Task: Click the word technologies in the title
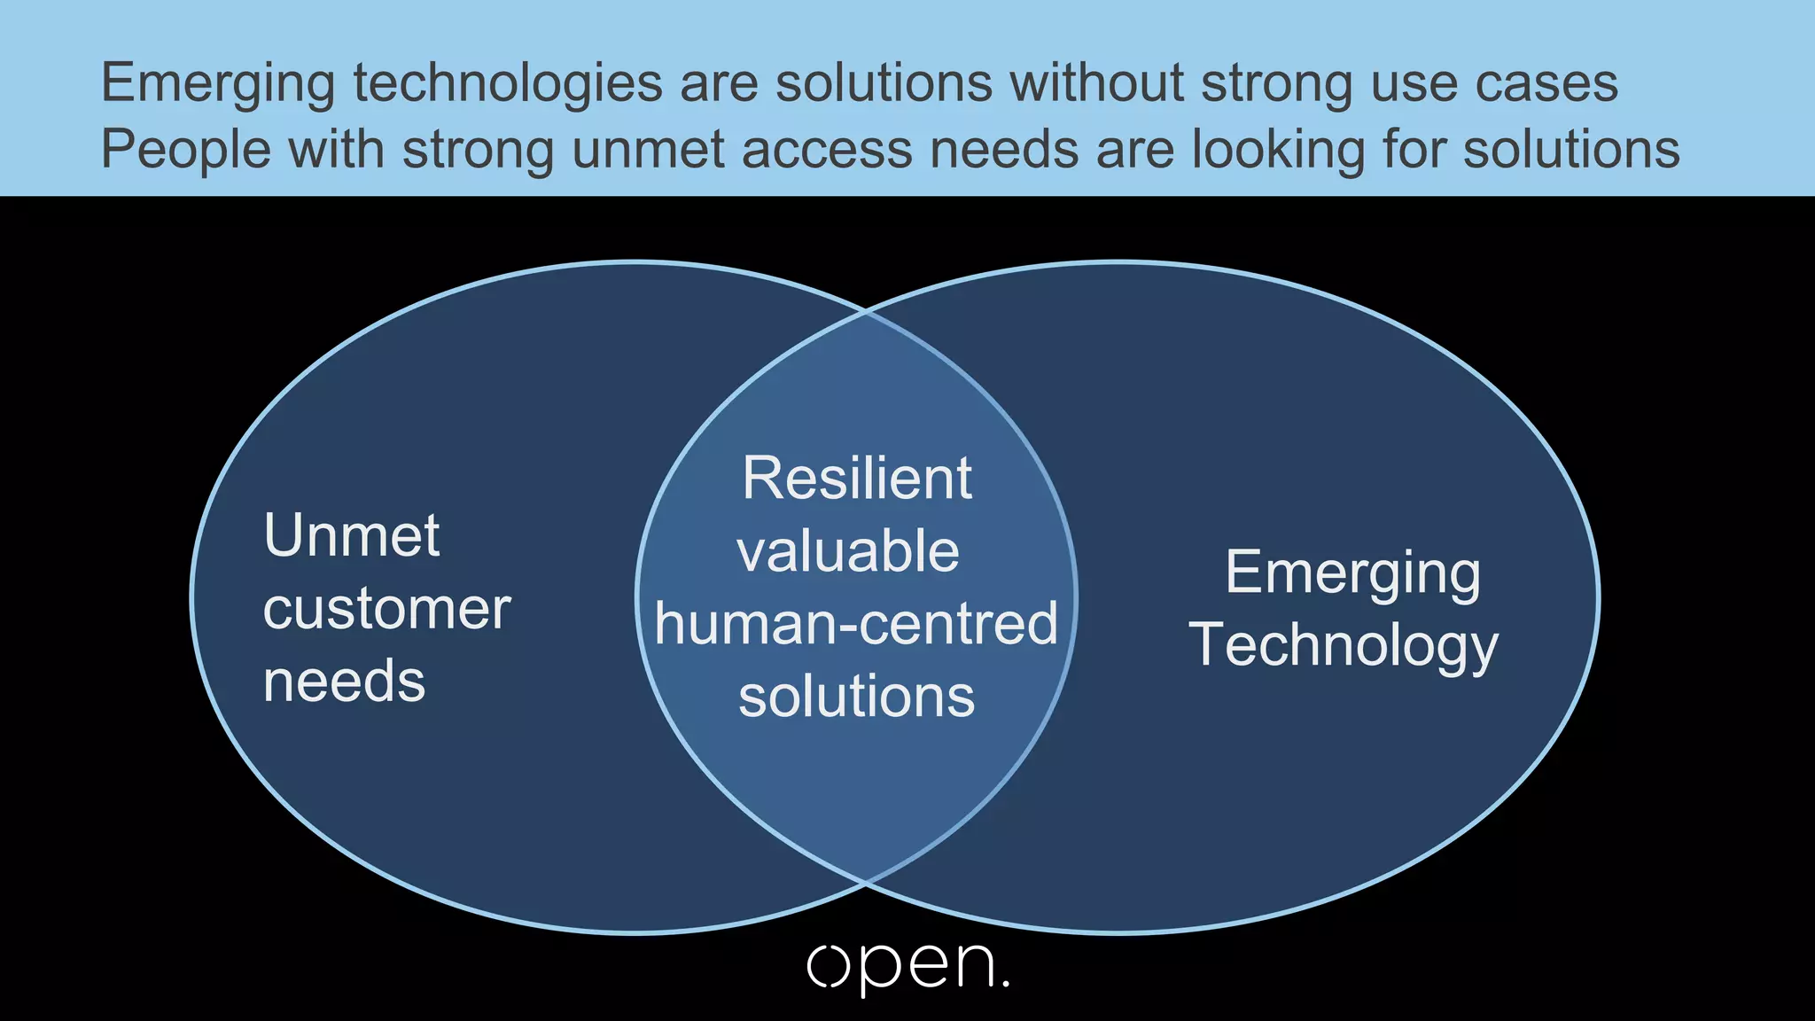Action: point(508,84)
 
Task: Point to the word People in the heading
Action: point(186,149)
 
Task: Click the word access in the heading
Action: point(827,149)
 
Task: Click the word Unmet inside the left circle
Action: point(352,535)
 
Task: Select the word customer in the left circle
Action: point(386,609)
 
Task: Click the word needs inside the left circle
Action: point(345,682)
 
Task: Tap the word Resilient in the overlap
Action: point(857,479)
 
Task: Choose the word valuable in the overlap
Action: point(848,551)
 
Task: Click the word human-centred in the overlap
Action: point(856,624)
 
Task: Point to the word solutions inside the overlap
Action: point(856,697)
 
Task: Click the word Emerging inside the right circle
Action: point(1353,573)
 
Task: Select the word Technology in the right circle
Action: point(1344,645)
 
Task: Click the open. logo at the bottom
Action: point(907,967)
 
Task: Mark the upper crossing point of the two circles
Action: point(866,311)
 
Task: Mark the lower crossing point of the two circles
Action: point(866,883)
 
